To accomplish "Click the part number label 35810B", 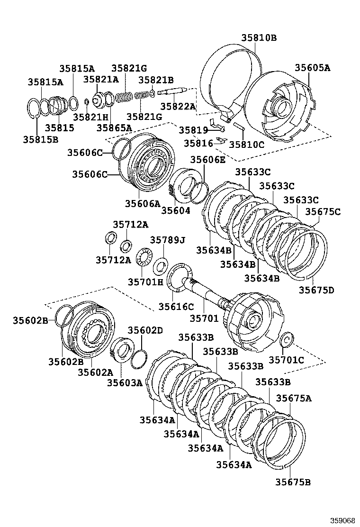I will [x=258, y=37].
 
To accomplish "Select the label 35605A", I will [x=312, y=68].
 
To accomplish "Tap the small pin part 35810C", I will [x=238, y=127].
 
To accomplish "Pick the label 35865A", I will [x=114, y=127].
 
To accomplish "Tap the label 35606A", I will [x=143, y=203].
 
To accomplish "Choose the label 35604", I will [x=175, y=210].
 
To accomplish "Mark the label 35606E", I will [x=208, y=160].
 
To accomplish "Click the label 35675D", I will [x=316, y=290].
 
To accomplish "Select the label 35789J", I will [x=167, y=240].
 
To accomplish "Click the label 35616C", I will [x=176, y=306].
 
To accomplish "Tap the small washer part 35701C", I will [x=287, y=340].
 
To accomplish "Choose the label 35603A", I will [x=125, y=382].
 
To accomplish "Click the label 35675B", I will [x=293, y=482].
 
